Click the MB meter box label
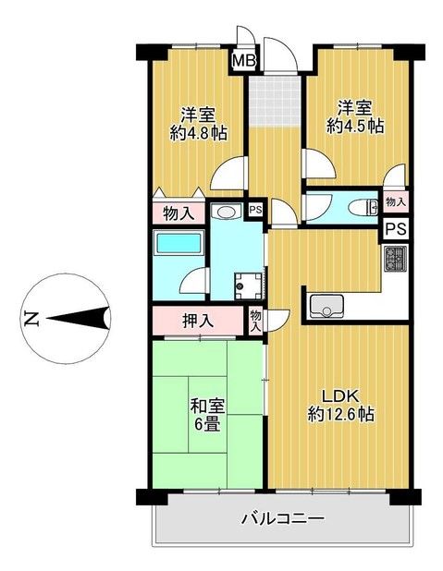pyautogui.click(x=242, y=62)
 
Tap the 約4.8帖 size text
pyautogui.click(x=199, y=133)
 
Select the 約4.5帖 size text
pyautogui.click(x=355, y=128)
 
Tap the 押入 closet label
pyautogui.click(x=196, y=322)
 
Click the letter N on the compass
pyautogui.click(x=31, y=321)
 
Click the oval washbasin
pyautogui.click(x=225, y=213)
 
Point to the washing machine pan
pyautogui.click(x=246, y=284)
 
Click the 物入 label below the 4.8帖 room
pyautogui.click(x=178, y=213)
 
